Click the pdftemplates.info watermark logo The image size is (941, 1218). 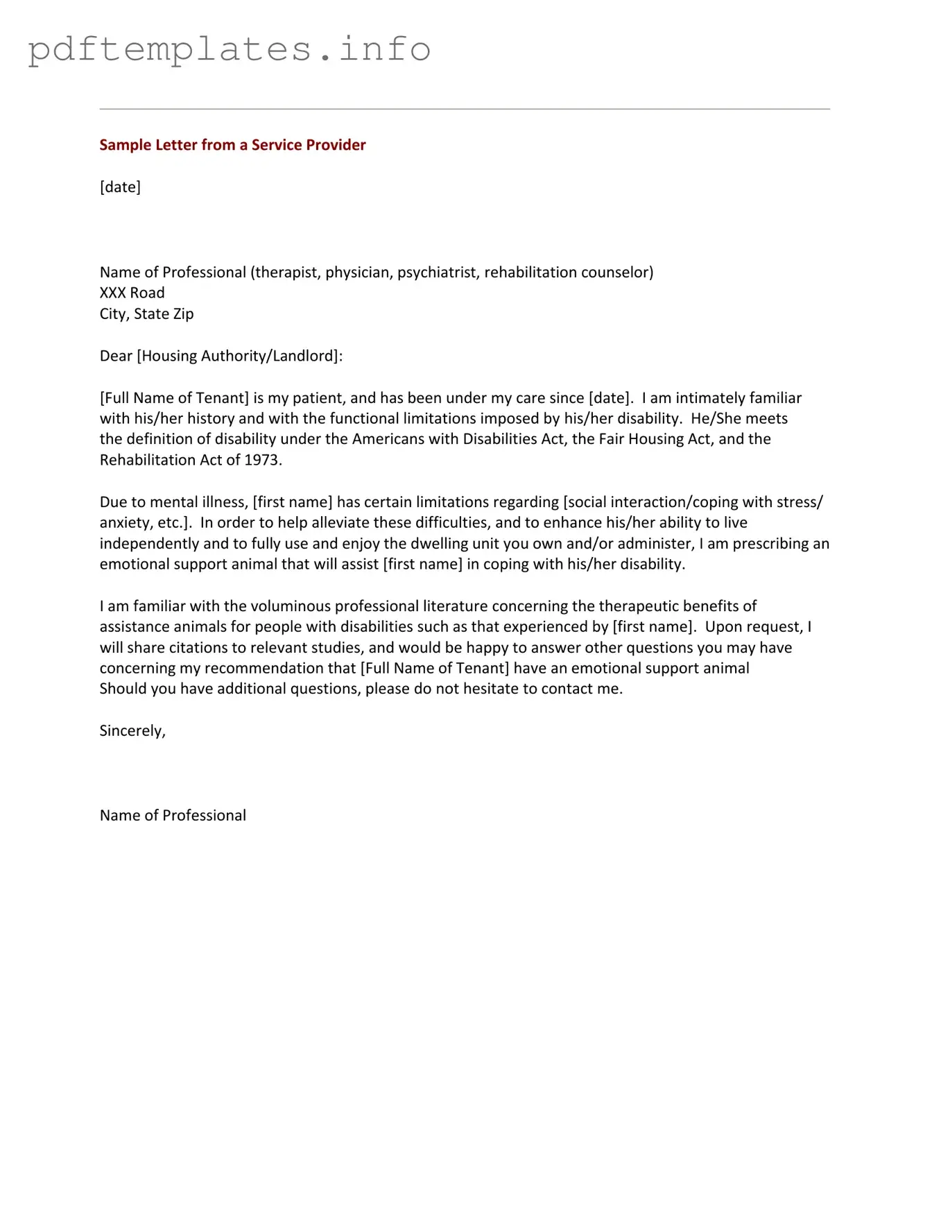click(229, 50)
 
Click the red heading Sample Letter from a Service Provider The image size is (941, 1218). click(232, 145)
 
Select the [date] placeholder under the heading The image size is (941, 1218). click(120, 187)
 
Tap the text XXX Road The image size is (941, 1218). click(132, 293)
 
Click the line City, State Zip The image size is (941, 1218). click(146, 314)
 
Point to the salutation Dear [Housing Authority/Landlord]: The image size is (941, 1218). click(221, 356)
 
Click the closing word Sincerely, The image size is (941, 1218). click(132, 730)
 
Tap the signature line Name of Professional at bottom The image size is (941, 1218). click(173, 816)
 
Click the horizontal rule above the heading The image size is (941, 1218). click(465, 109)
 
